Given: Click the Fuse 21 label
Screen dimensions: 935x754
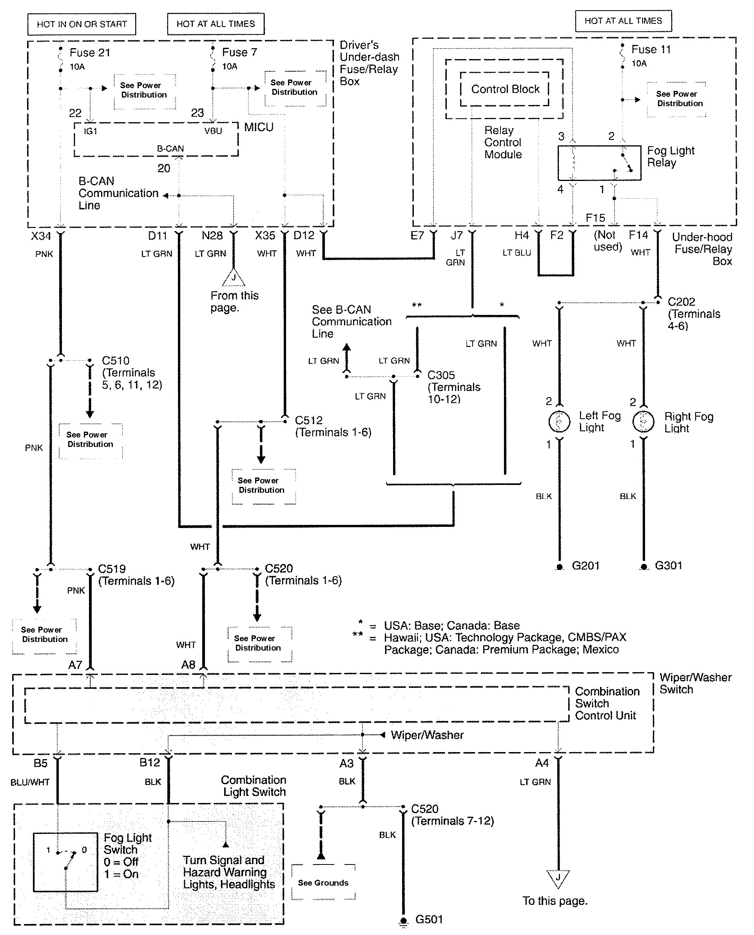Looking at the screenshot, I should (x=90, y=52).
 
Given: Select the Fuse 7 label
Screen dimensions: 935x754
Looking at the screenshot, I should (x=239, y=52).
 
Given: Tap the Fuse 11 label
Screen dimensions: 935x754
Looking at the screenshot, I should (x=651, y=49).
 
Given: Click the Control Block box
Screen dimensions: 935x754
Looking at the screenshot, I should (x=505, y=89).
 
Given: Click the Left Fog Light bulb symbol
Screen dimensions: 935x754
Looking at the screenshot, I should (x=559, y=421).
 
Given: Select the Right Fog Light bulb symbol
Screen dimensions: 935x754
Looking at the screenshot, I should (x=643, y=421).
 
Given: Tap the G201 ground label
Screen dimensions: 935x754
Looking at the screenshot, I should (x=585, y=565).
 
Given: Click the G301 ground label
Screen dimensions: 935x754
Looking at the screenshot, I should (x=669, y=565).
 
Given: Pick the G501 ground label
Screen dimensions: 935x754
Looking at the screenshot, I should (x=429, y=919).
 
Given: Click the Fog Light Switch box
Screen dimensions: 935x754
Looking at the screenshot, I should (x=65, y=862).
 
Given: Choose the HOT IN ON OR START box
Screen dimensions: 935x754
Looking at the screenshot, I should (x=82, y=24).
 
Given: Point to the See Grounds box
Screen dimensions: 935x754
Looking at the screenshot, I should (x=323, y=883).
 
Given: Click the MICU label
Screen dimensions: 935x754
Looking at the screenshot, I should (x=259, y=127).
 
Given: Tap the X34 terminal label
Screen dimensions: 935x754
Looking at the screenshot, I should (x=41, y=236).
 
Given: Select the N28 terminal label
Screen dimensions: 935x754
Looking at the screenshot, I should (x=212, y=235).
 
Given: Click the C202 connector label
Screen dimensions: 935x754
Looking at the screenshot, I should (x=681, y=302).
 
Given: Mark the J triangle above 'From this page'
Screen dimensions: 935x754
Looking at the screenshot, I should (x=234, y=278).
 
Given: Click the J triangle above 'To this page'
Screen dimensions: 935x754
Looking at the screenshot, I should (x=558, y=879).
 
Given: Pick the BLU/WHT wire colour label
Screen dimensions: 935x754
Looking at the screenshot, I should (x=30, y=782).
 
